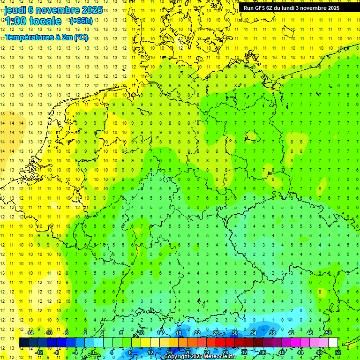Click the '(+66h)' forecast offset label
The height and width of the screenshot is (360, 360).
tap(81, 21)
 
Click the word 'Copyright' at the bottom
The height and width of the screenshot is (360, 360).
tap(177, 357)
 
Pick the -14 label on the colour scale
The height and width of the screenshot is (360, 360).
tap(30, 333)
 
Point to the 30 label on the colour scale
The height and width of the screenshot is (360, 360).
tap(235, 333)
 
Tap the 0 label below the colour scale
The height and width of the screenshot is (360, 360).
tap(93, 352)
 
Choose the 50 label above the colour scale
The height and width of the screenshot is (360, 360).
tap(329, 333)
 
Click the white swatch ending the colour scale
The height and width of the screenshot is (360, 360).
tap(333, 343)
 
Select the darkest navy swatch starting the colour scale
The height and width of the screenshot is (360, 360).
tap(23, 343)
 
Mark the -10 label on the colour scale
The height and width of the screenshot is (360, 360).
tap(48, 333)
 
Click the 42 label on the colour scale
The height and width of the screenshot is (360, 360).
tap(291, 333)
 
